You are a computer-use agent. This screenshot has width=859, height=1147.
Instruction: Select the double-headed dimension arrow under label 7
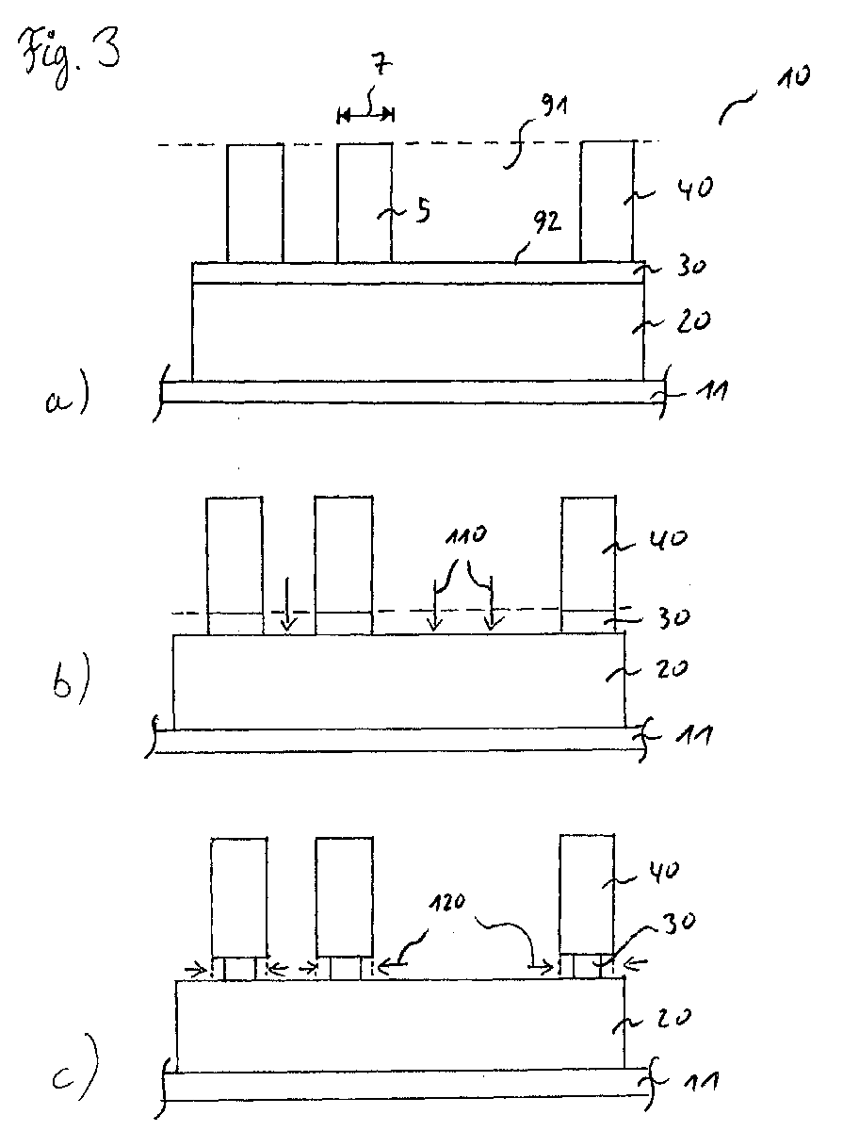(365, 114)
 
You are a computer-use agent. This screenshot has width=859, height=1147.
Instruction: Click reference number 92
(546, 222)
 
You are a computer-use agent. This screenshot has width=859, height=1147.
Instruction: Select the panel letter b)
(71, 678)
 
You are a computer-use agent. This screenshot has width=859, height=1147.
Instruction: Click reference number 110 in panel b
(465, 535)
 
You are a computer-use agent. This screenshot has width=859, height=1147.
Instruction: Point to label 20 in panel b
(673, 669)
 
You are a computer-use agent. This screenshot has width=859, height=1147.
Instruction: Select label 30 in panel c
(679, 921)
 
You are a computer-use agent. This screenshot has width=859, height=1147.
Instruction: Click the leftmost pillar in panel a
(255, 204)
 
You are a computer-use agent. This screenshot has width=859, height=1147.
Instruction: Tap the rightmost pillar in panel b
(589, 565)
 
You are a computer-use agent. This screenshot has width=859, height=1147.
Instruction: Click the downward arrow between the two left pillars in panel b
(287, 603)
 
